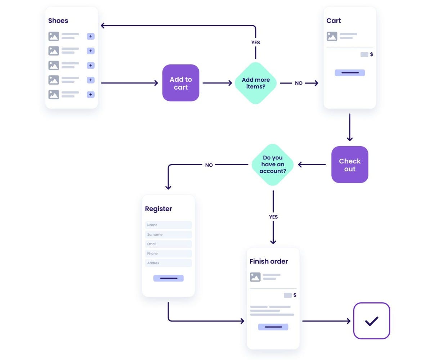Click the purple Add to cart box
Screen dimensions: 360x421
tap(181, 83)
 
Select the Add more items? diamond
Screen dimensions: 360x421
tap(256, 83)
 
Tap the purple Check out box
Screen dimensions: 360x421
tap(350, 165)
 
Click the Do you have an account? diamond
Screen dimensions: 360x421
tap(273, 165)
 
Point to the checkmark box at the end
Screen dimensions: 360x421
tap(372, 321)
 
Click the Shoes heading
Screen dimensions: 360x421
tap(58, 21)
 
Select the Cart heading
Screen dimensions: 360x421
tap(333, 21)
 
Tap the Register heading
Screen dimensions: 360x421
tap(158, 209)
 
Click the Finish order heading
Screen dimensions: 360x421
tap(269, 261)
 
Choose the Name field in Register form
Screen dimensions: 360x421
tap(168, 225)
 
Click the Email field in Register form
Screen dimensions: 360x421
tap(168, 244)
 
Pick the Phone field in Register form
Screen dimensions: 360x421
tap(168, 253)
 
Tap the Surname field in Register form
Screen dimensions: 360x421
tap(168, 234)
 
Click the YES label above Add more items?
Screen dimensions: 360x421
tap(256, 42)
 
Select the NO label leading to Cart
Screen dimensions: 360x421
tap(299, 83)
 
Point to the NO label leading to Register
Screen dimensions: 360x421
tap(209, 165)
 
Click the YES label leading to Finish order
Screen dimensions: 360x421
tap(273, 217)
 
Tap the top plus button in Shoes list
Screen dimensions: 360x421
tap(90, 36)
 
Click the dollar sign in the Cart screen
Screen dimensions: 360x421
tap(372, 54)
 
